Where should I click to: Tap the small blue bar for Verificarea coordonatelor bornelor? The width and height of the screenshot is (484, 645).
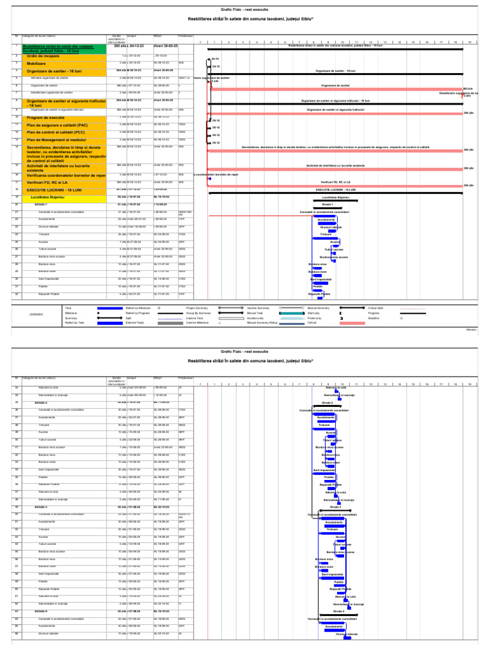pos(209,178)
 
